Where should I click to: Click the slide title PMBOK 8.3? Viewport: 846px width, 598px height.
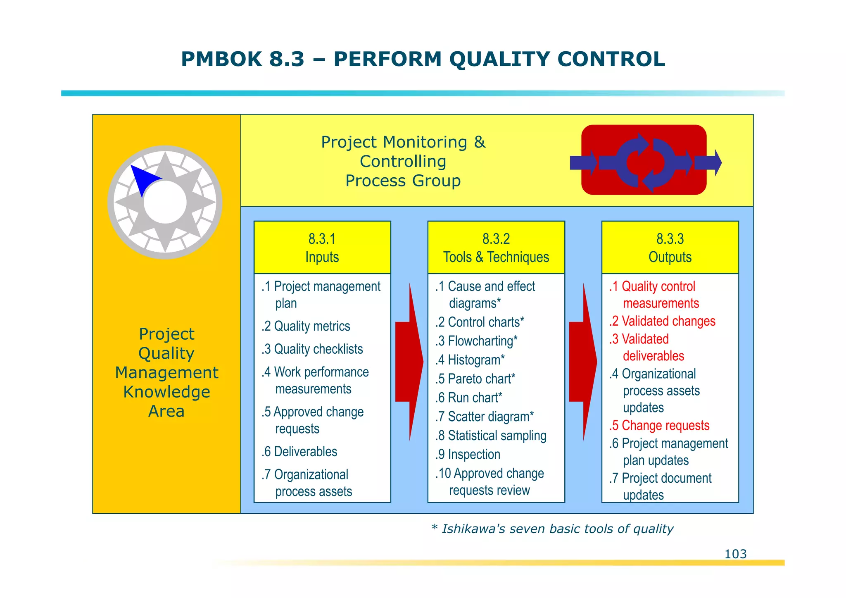pyautogui.click(x=423, y=59)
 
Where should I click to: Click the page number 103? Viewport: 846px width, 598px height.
pyautogui.click(x=735, y=554)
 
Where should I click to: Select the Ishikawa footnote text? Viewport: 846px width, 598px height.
pyautogui.click(x=552, y=529)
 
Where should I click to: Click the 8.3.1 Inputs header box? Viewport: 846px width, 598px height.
pyautogui.click(x=322, y=248)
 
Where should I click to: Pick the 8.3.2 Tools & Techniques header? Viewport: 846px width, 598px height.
pyautogui.click(x=496, y=248)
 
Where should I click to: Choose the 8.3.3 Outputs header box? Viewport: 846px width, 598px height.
pyautogui.click(x=670, y=248)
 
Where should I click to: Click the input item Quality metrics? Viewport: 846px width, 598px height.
pyautogui.click(x=306, y=326)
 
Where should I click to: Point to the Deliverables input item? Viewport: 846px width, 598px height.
pyautogui.click(x=299, y=451)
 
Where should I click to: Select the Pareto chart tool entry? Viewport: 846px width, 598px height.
pyautogui.click(x=475, y=379)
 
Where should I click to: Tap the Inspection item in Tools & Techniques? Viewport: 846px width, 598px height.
pyautogui.click(x=468, y=454)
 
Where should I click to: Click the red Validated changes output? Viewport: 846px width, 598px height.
pyautogui.click(x=662, y=321)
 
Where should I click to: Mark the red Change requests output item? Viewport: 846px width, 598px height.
pyautogui.click(x=659, y=425)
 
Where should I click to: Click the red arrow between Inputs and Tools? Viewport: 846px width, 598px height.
pyautogui.click(x=409, y=362)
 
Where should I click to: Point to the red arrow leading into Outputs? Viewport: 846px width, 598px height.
pyautogui.click(x=582, y=362)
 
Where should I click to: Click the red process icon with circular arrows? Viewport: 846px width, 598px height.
pyautogui.click(x=644, y=160)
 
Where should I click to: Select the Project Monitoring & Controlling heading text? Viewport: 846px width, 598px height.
pyautogui.click(x=403, y=161)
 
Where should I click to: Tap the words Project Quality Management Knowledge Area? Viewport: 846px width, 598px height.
pyautogui.click(x=166, y=372)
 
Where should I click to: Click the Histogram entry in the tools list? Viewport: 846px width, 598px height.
pyautogui.click(x=470, y=360)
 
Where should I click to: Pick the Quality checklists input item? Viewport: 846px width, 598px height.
pyautogui.click(x=312, y=349)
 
